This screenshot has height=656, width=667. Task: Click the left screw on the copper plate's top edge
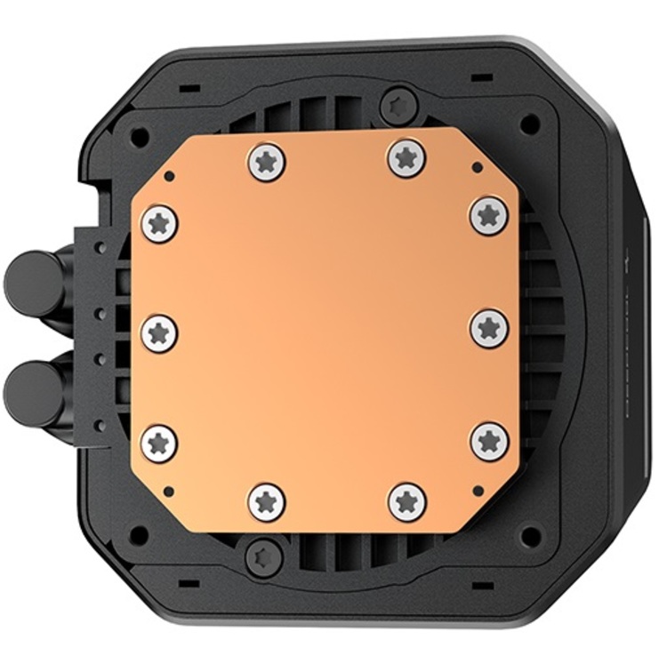[x=267, y=163]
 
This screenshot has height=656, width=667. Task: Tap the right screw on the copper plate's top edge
[x=406, y=159]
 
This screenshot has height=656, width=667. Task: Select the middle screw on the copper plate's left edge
[x=159, y=332]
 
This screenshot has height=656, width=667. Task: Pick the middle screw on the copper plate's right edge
[x=489, y=328]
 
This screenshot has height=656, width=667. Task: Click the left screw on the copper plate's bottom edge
[x=267, y=502]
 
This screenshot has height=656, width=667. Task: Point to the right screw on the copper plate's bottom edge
[x=406, y=502]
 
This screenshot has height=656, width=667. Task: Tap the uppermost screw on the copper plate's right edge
[x=489, y=215]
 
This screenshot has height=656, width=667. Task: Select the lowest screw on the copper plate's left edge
[x=159, y=443]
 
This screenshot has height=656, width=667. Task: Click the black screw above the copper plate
[x=398, y=107]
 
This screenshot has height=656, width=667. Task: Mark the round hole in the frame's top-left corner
[x=139, y=137]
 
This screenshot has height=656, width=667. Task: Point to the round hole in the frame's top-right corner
[x=530, y=124]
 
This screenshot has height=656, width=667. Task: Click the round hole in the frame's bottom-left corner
[x=139, y=535]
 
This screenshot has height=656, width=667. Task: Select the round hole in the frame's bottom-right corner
[x=530, y=536]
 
